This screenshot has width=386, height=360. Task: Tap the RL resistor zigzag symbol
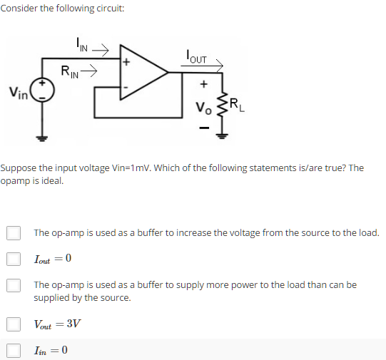point(223,104)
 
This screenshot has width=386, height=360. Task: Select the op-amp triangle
point(144,72)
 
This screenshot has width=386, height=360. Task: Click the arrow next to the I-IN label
point(100,50)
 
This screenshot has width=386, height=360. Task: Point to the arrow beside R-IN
point(88,71)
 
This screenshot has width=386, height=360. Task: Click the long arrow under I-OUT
point(202,66)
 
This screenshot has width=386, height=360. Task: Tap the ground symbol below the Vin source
point(42,138)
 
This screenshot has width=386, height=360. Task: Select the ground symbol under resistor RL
point(222,135)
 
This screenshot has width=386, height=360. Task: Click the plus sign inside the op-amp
point(126,62)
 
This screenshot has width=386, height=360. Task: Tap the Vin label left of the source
point(19,93)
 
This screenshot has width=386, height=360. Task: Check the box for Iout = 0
point(14,259)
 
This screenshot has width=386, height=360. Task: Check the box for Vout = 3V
point(14,324)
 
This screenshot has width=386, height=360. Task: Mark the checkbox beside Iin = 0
point(14,351)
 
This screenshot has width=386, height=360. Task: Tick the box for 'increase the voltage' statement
point(14,233)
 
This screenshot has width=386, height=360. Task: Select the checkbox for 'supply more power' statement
point(14,285)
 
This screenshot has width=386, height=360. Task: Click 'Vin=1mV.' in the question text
point(132,168)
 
